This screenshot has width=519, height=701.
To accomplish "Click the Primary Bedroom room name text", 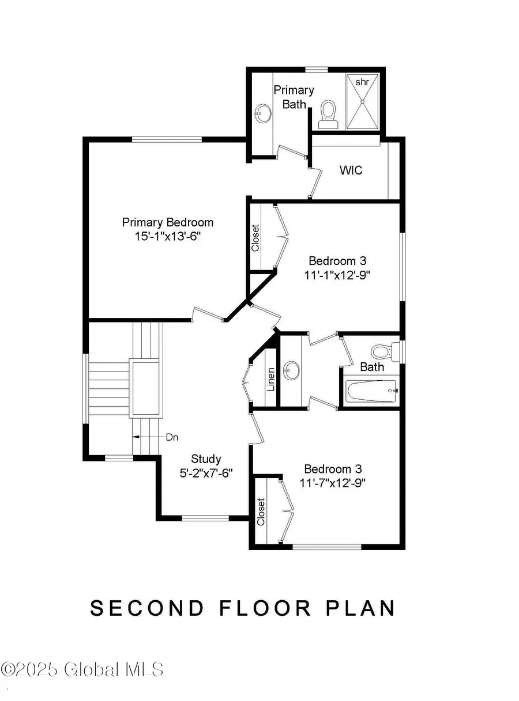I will point(167,222).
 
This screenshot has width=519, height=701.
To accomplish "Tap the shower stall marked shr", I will point(362,101).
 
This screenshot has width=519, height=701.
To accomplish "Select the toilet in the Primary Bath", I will point(328,112).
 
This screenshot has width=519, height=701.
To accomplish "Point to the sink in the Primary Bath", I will point(264,112).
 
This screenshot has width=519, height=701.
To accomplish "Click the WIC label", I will point(351,170).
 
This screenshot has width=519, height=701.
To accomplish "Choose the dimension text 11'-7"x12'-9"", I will point(334,483).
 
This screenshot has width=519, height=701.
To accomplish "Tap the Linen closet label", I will point(271,379).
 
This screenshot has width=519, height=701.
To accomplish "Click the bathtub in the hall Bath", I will point(371,392).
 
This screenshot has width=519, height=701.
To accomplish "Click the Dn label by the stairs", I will point(172,437).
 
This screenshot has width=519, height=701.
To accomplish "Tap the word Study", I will point(206,459).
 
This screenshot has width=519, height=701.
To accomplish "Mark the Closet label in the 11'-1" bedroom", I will point(255,237).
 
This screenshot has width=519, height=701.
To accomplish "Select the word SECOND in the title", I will point(147,608).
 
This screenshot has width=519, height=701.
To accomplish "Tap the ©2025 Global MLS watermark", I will point(82,669).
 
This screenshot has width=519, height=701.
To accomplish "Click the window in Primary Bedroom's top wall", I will point(167,139).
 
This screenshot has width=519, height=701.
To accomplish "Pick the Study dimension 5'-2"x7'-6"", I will point(206,473).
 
